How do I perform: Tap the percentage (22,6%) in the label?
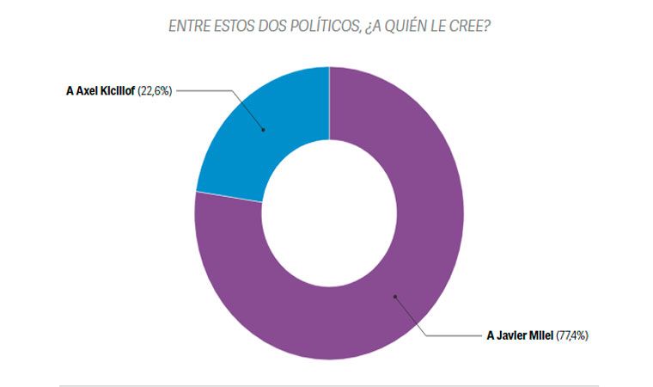(x=156, y=89)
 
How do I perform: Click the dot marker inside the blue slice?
(x=263, y=130)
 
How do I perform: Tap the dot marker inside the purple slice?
(x=395, y=297)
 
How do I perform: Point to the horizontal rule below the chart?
(x=329, y=384)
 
